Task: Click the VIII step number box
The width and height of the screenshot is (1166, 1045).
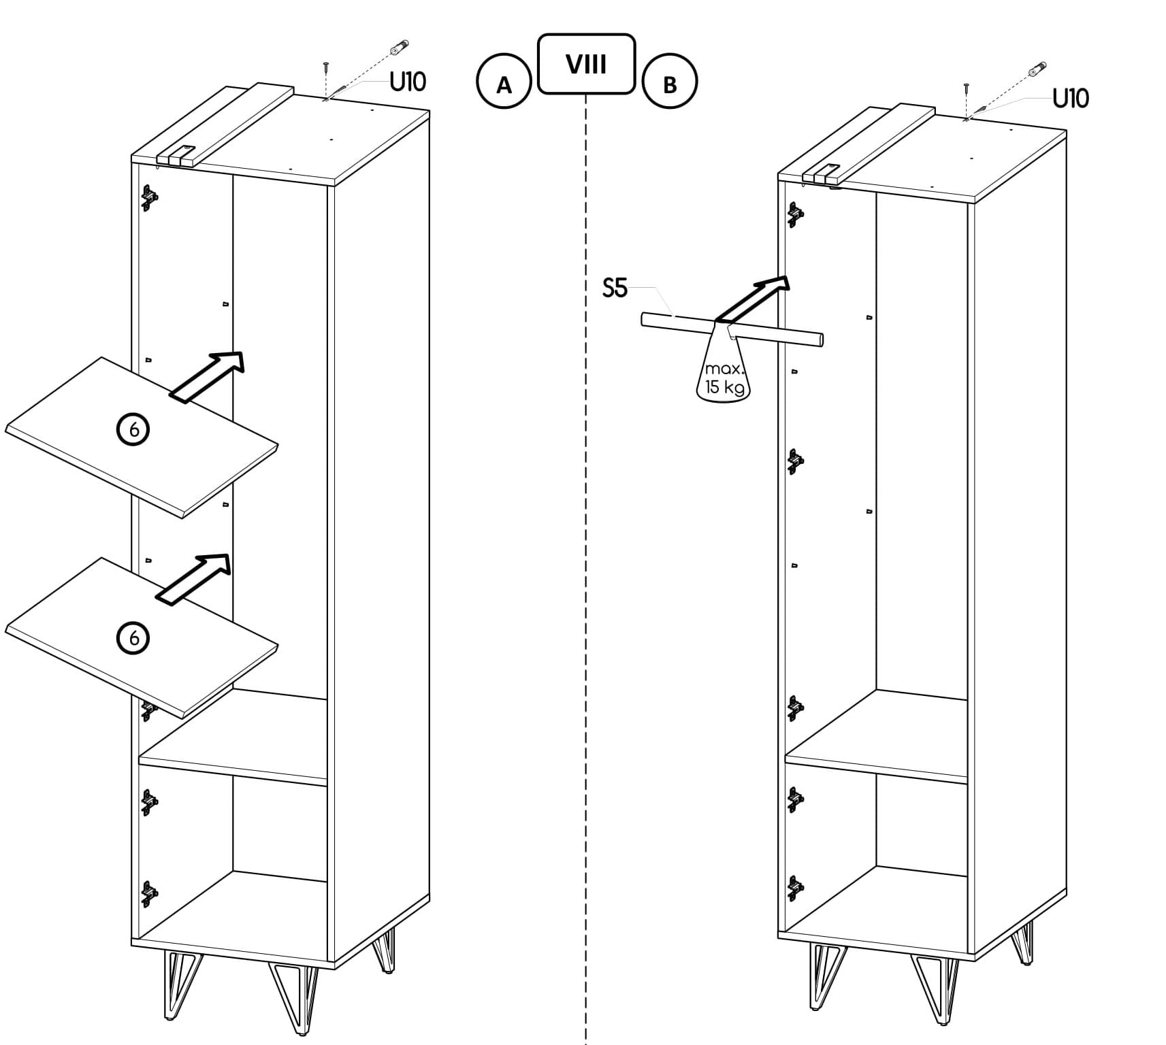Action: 586,64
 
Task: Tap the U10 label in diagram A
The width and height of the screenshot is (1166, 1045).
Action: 407,82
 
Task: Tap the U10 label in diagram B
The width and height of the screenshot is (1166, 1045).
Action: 1071,99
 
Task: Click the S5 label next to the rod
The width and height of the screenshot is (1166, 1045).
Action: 615,288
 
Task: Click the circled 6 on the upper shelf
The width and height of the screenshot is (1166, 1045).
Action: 133,430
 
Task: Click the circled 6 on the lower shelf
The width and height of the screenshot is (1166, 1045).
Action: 133,637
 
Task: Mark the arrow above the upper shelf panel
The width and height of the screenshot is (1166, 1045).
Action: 206,378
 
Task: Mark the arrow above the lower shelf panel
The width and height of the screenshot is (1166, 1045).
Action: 193,578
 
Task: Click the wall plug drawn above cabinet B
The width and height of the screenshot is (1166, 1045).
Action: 1037,70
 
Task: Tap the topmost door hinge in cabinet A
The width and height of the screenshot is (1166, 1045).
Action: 149,198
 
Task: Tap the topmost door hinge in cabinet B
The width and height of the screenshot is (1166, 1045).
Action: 796,215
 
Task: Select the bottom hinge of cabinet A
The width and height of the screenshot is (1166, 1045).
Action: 149,893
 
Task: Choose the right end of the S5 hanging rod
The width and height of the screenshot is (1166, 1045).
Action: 821,339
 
